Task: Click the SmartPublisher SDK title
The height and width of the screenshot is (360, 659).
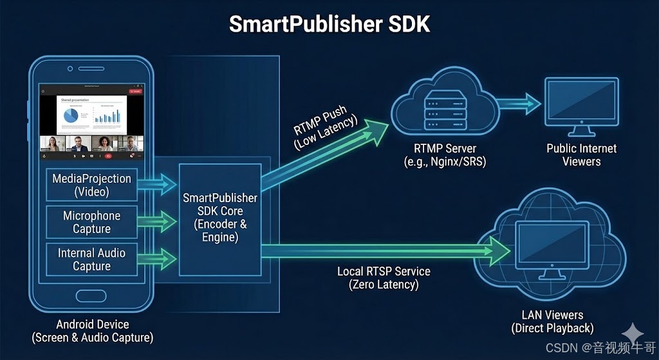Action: click(329, 24)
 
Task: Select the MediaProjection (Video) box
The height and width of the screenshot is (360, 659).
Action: click(91, 185)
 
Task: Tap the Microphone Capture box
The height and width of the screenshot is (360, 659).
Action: click(91, 222)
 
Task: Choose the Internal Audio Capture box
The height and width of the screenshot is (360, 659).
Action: click(91, 260)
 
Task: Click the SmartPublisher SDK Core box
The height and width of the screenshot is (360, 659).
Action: click(220, 217)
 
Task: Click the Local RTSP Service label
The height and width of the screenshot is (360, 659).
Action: click(384, 278)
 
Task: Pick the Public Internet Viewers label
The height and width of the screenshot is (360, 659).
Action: click(581, 155)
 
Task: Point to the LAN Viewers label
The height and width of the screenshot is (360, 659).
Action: click(552, 321)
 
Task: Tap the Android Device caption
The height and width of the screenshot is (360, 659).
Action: click(93, 331)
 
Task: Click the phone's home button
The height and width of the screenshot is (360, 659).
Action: click(91, 296)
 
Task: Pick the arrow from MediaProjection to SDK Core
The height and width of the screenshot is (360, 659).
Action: click(157, 184)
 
